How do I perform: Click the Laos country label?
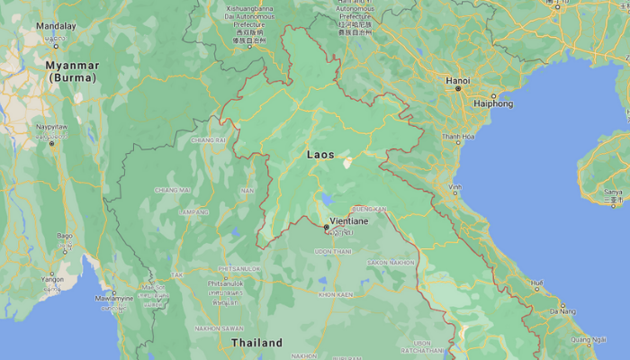320,155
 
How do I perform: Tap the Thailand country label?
256,343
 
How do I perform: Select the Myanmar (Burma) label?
73,72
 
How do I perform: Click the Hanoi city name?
457,80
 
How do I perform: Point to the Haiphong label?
494,103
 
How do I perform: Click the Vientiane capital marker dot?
326,228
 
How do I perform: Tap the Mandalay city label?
56,26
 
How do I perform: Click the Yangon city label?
51,279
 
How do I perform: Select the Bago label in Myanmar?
64,236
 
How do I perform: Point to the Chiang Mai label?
172,190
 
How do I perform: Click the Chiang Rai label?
208,140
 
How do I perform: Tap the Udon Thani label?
332,252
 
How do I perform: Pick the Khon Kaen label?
335,294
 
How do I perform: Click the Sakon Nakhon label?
391,263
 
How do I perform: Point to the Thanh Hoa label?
457,136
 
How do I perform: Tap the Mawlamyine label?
114,298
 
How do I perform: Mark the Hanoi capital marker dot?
457,88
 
